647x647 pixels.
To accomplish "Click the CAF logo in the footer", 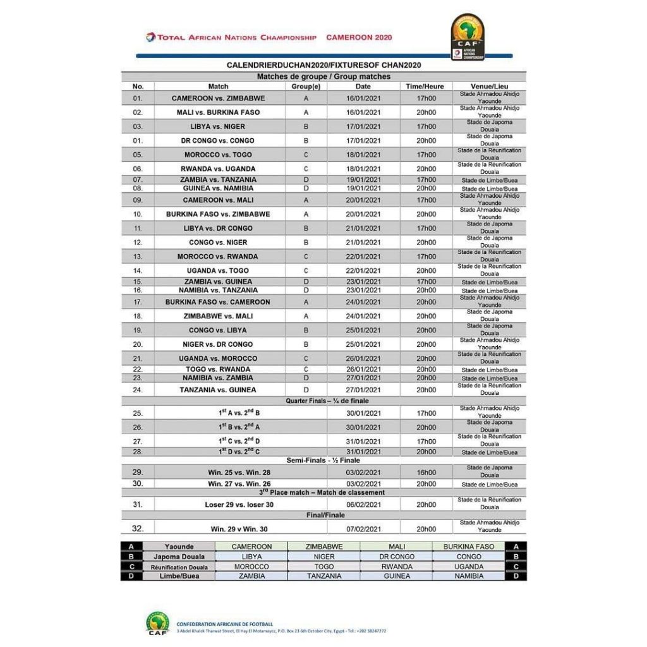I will point(157,623).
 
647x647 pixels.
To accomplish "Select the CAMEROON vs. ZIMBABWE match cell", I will point(218,99).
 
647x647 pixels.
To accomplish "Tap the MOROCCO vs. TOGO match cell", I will point(218,155).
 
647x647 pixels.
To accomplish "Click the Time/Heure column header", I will point(425,87).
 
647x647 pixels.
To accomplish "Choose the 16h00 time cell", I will point(426,472).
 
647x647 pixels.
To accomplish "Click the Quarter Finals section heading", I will point(327,401).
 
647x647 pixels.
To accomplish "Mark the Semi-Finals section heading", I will point(323,461).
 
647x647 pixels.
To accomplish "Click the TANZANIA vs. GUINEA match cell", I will point(218,390).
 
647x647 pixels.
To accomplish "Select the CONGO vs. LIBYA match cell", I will point(218,330).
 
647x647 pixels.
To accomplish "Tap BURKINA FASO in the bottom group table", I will point(469,547).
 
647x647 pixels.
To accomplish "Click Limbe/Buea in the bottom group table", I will point(179,576).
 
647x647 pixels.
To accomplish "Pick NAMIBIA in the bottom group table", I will point(469,576).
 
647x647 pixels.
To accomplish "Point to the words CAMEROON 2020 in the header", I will point(359,37).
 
